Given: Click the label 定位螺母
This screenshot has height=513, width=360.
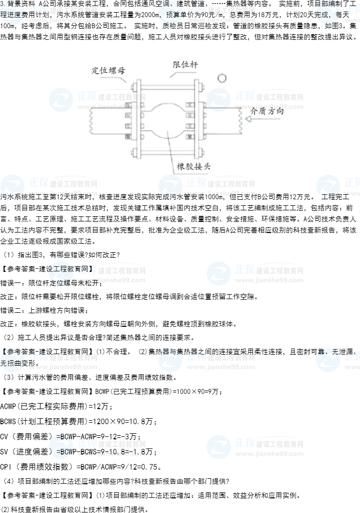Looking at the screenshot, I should click(x=108, y=70).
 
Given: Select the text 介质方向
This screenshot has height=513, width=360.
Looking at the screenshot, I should click(x=267, y=110).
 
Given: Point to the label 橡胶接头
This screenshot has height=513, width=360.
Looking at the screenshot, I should click(x=194, y=166).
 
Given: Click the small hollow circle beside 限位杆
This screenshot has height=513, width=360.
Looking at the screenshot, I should click(x=222, y=78).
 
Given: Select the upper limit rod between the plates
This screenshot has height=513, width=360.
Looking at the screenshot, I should click(x=167, y=91).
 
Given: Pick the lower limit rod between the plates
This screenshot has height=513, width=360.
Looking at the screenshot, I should click(x=167, y=151).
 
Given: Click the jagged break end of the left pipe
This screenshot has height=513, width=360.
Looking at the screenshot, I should click(x=90, y=122).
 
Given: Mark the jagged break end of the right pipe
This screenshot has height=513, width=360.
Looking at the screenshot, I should click(x=242, y=122).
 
